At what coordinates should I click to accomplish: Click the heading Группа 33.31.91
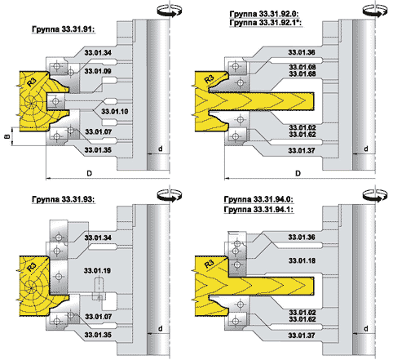point(64,29)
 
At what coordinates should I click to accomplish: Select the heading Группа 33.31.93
point(64,199)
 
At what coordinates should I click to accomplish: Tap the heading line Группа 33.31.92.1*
point(266,23)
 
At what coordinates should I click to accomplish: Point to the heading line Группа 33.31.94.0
point(258,199)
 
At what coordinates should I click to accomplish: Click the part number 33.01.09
point(98,71)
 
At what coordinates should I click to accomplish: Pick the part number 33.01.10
point(114,111)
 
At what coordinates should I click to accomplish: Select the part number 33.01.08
point(302,67)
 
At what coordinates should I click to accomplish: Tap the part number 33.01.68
point(302,73)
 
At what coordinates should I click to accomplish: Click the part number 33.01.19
point(97,271)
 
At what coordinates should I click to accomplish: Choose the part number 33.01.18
point(302,260)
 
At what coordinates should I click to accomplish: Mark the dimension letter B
point(7,136)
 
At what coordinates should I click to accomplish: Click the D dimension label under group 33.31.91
point(90,173)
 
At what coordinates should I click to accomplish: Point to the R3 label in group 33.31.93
point(32,267)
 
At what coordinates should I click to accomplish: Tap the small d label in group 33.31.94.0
point(366,329)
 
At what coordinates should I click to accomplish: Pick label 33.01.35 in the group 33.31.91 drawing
point(98,150)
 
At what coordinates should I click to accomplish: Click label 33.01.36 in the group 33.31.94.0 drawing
point(302,238)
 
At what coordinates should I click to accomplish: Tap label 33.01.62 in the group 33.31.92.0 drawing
point(302,135)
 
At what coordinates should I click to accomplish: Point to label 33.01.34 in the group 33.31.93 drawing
point(98,238)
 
